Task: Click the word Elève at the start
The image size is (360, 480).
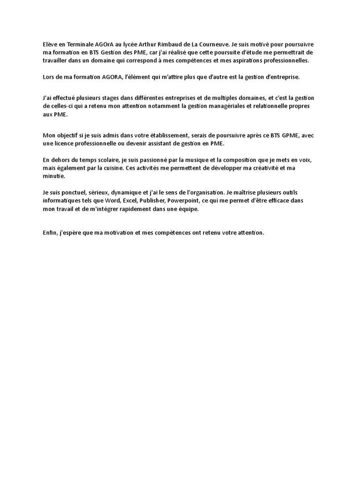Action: tap(49, 44)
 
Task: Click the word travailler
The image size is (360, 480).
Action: tap(56, 60)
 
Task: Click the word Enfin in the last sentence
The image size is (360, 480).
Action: tap(49, 232)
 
